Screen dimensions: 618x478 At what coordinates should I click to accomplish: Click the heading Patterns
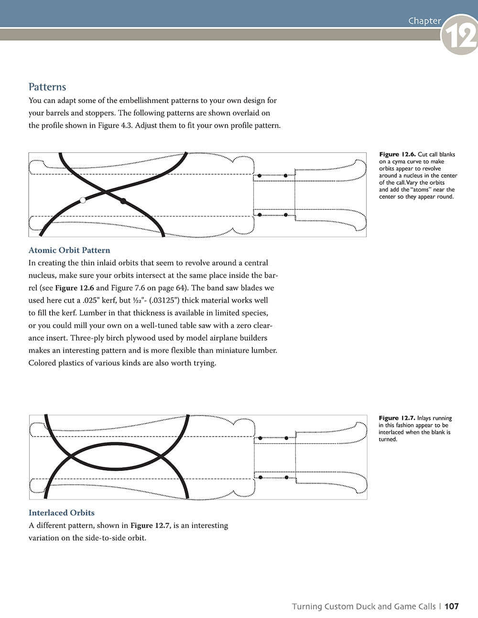tap(47, 87)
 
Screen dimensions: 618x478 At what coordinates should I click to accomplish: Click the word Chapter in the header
tap(424, 21)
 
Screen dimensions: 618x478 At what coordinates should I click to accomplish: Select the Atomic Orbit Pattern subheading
tap(69, 250)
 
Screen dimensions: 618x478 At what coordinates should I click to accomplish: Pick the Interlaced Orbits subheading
tap(62, 513)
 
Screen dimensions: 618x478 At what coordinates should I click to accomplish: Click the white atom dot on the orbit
tap(83, 200)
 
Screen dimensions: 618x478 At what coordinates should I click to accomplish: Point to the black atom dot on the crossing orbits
tap(123, 201)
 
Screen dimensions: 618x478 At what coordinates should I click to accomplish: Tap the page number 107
tap(451, 607)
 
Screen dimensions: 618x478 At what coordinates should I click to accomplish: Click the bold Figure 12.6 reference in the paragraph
tap(75, 288)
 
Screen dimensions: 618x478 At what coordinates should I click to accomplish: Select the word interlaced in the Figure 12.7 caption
tap(392, 432)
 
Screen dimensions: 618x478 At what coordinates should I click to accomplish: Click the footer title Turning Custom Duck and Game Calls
tap(364, 607)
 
